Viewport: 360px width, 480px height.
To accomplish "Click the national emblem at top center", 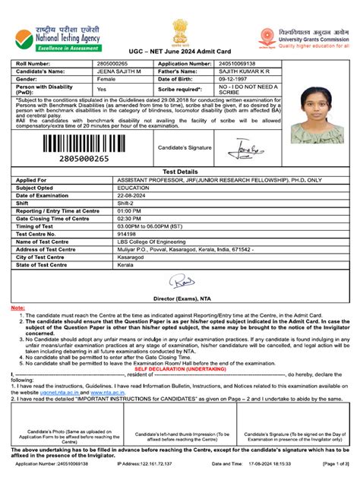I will [x=179, y=31].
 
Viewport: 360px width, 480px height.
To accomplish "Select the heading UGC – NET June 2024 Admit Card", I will [x=179, y=49].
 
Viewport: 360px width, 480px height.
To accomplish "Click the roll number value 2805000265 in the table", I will [x=112, y=64].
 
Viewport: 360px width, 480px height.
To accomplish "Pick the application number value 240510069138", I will [x=231, y=64].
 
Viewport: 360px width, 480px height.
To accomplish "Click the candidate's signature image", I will [x=248, y=147].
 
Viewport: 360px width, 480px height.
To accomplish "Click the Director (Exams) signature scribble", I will [x=181, y=283].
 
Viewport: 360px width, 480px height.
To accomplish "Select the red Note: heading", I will [x=17, y=307].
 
